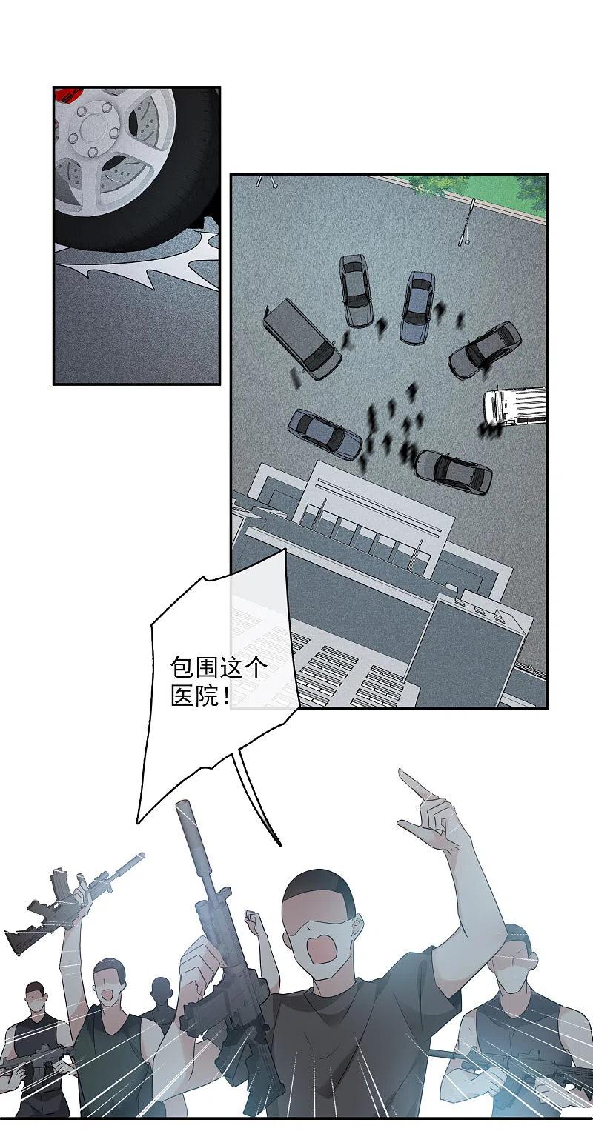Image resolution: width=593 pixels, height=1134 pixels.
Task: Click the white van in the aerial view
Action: [514, 406]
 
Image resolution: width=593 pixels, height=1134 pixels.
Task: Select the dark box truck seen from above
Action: [302, 339]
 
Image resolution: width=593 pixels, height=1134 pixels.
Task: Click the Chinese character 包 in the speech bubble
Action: [182, 669]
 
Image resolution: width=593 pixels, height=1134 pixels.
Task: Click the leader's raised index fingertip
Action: [402, 771]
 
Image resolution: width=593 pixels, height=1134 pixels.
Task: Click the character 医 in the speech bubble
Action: [182, 698]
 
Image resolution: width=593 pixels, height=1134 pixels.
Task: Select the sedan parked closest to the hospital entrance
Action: [453, 471]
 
